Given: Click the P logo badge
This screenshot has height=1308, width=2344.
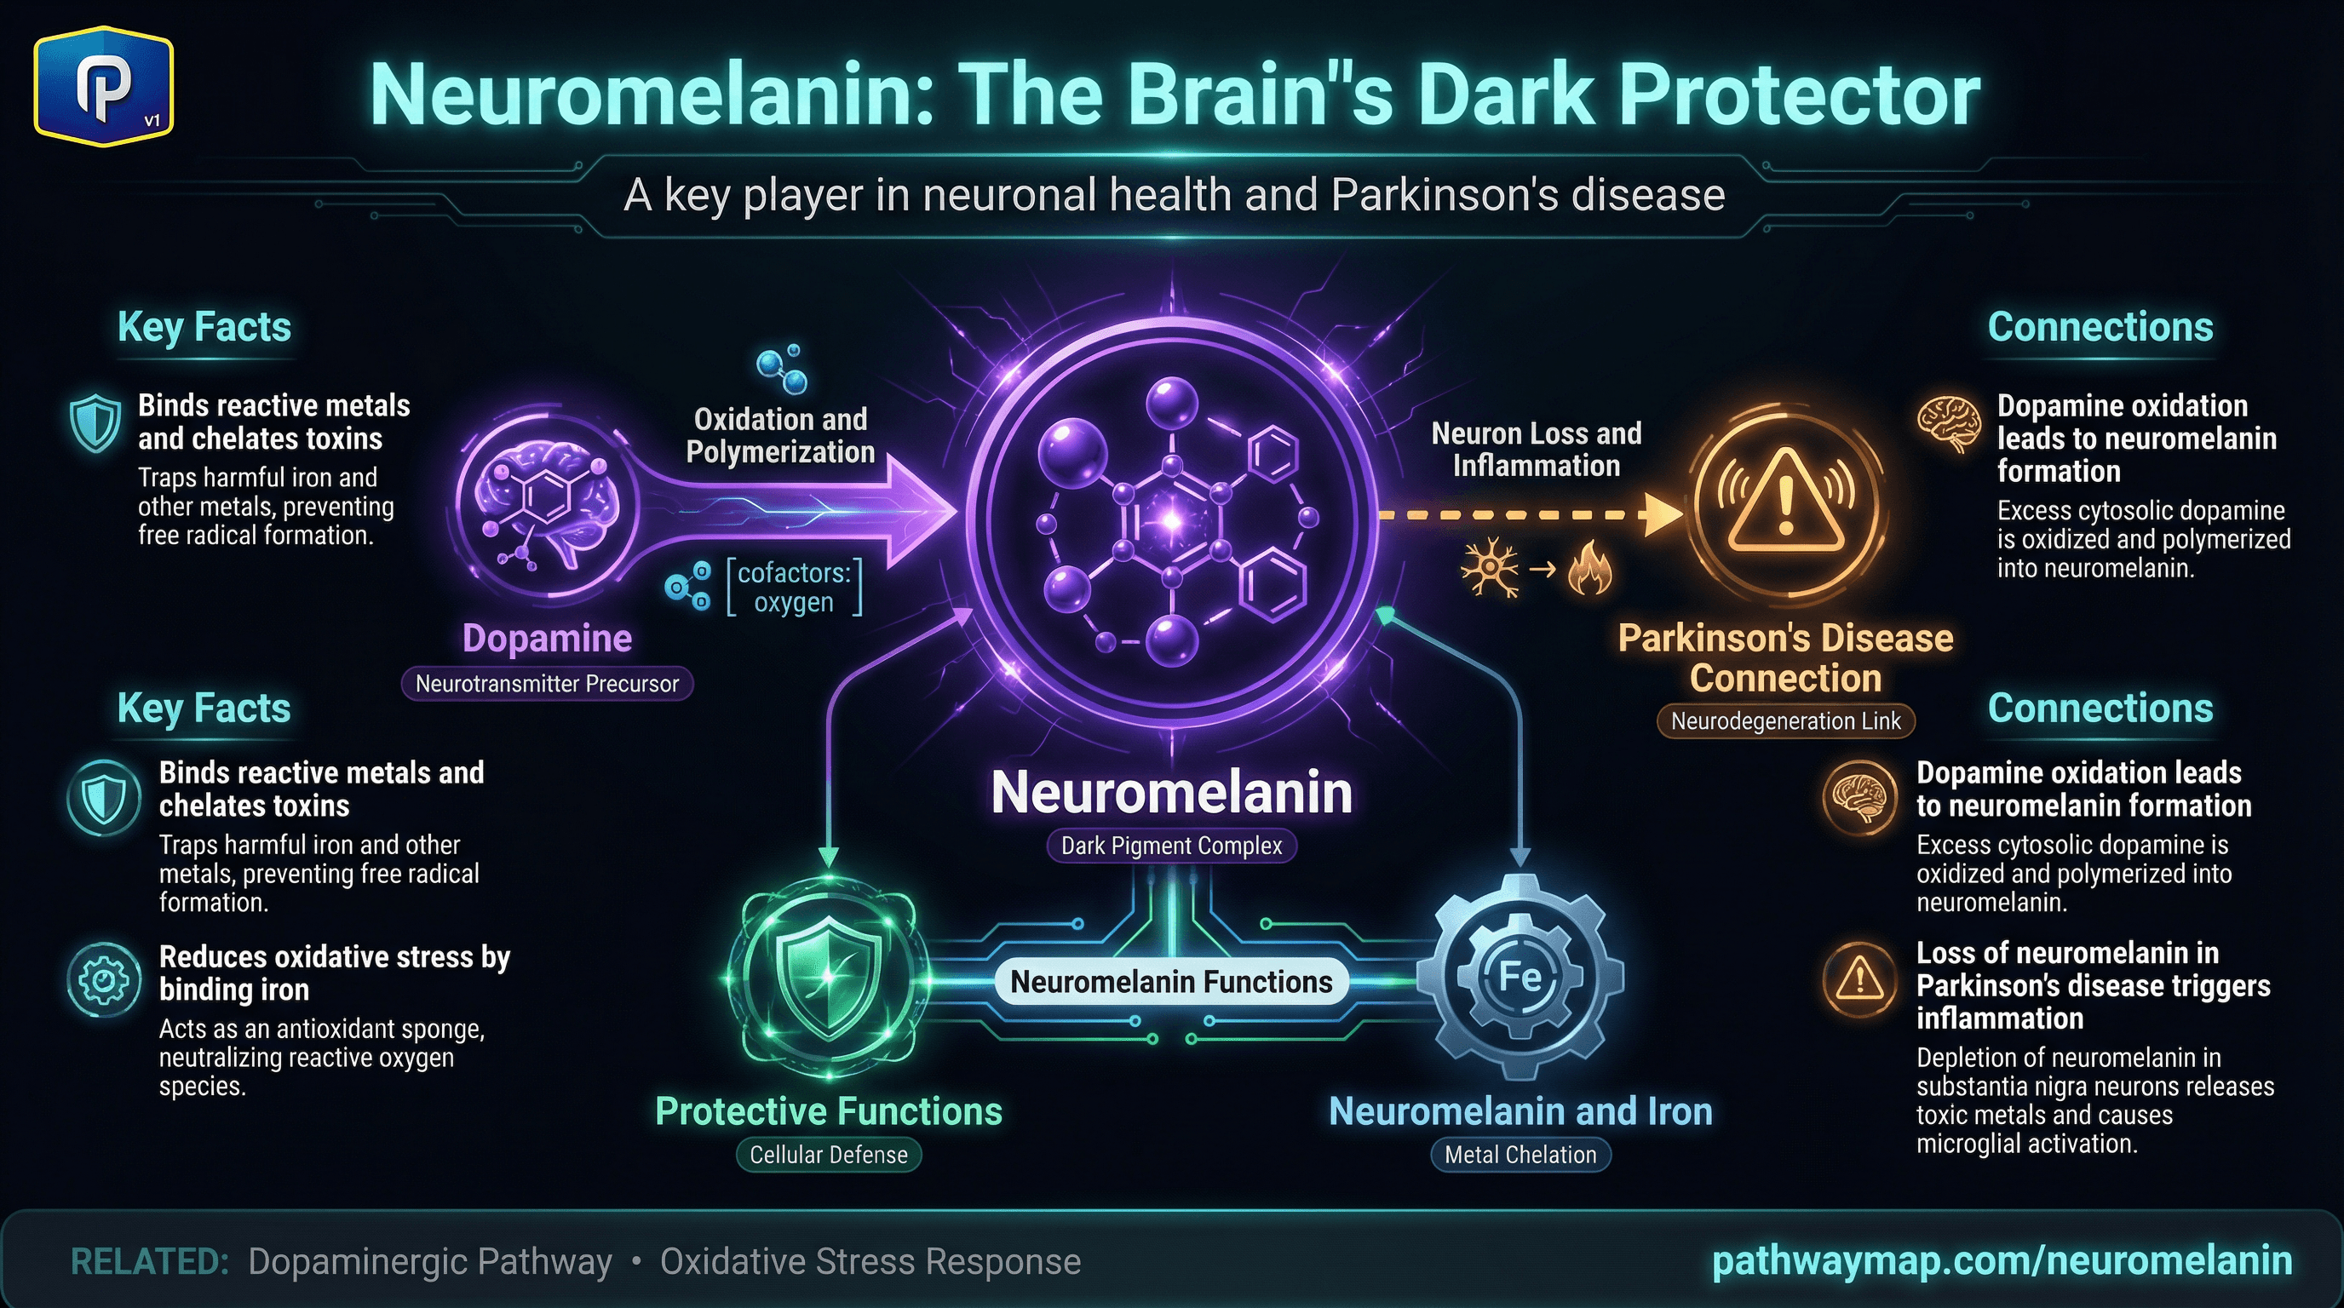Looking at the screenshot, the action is (104, 88).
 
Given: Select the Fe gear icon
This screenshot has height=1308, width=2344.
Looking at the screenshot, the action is (1520, 977).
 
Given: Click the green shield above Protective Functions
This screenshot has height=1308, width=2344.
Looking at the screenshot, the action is (828, 978).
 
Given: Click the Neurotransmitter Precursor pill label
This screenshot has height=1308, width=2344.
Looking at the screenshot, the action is (547, 684).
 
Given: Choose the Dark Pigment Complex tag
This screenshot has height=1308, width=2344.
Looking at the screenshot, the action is (1171, 846).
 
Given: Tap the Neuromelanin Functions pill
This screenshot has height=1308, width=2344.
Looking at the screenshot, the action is (1171, 983).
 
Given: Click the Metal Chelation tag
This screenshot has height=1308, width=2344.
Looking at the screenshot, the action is (1520, 1156).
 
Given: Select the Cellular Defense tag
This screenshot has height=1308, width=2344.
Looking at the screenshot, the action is (828, 1156).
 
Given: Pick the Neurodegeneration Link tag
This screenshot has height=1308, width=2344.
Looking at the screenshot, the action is (1785, 721).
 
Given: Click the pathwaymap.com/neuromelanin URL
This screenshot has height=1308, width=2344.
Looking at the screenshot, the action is (2002, 1260).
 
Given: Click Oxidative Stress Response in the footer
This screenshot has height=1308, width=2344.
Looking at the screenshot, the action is (870, 1263).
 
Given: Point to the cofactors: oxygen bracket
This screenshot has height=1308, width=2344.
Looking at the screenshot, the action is (794, 588).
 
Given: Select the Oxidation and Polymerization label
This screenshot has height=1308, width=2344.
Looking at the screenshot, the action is (780, 436).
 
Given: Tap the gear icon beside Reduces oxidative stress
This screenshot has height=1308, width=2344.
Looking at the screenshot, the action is (104, 979).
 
